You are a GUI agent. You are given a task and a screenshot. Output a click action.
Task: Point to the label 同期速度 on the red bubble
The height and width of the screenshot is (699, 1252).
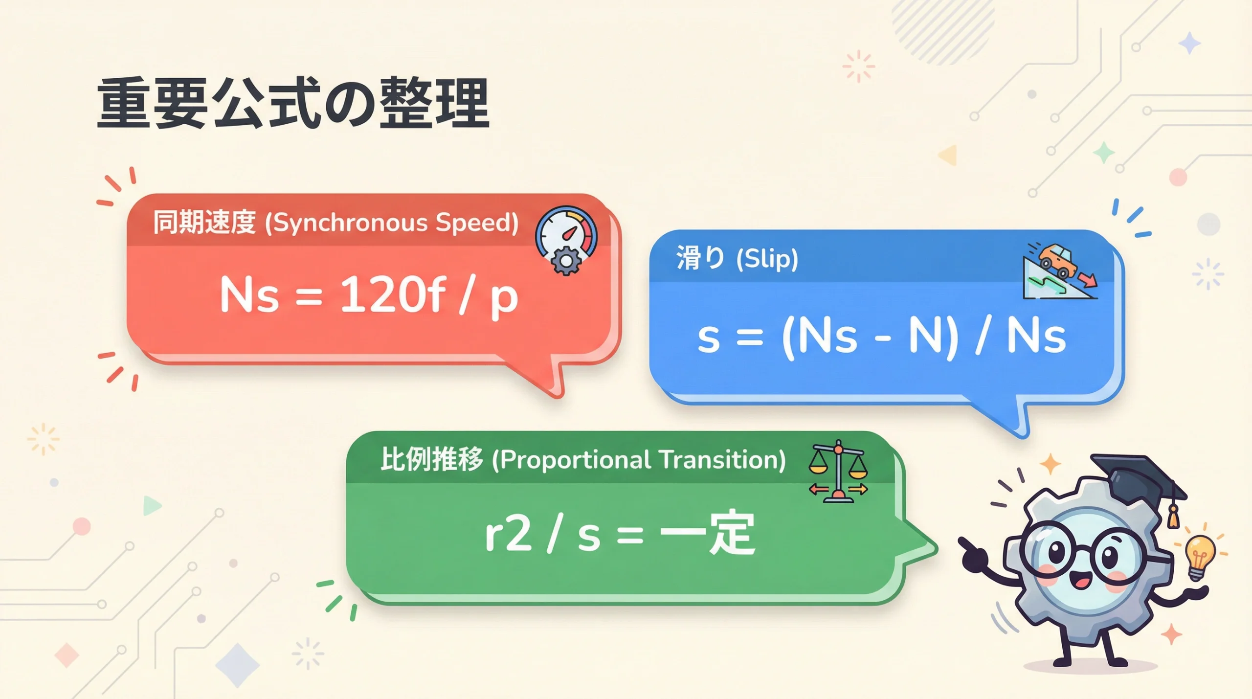204,222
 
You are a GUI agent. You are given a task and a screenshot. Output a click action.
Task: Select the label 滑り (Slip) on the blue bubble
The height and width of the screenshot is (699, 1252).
737,258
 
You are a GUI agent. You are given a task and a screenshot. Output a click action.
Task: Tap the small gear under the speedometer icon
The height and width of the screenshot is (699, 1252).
566,261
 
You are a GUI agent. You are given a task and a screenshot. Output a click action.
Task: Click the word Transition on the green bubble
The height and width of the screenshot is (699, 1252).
722,460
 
